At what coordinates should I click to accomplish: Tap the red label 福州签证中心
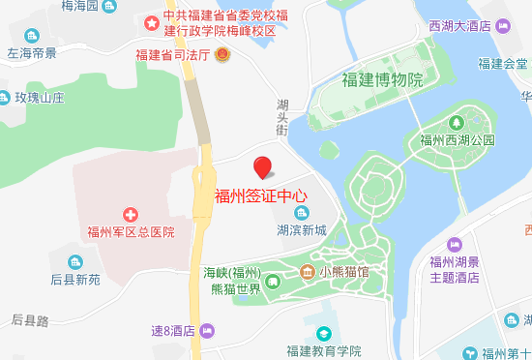pyautogui.click(x=261, y=194)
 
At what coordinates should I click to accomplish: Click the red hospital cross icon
pyautogui.click(x=130, y=213)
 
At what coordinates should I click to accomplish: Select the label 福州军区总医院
pyautogui.click(x=131, y=231)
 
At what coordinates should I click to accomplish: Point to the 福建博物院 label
pyautogui.click(x=383, y=79)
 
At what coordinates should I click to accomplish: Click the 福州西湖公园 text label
pyautogui.click(x=457, y=140)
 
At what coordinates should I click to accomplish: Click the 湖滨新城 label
pyautogui.click(x=302, y=230)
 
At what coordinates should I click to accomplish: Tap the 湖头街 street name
pyautogui.click(x=283, y=116)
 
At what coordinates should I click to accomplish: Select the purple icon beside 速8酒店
pyautogui.click(x=205, y=330)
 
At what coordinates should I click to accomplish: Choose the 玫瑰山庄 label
pyautogui.click(x=39, y=98)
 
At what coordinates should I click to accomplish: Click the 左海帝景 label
pyautogui.click(x=31, y=54)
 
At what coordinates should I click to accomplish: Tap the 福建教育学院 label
pyautogui.click(x=323, y=350)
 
